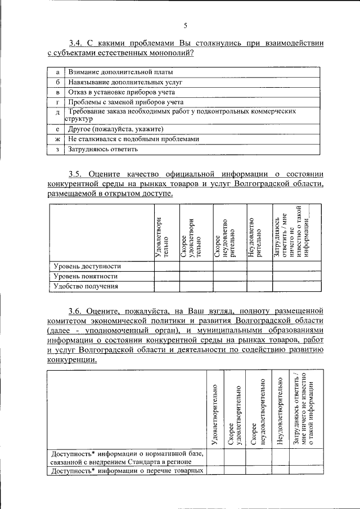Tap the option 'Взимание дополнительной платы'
point(120,72)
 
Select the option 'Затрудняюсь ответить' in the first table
point(103,150)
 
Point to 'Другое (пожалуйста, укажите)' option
point(116,129)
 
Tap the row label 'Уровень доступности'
point(87,266)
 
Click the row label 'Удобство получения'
point(85,286)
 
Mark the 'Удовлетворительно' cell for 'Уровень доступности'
point(166,266)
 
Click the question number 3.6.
point(76,310)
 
